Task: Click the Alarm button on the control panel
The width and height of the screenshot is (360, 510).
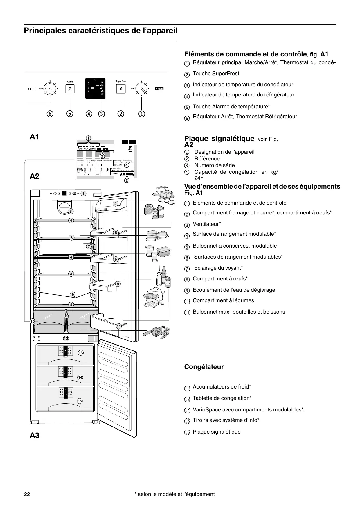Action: pyautogui.click(x=70, y=89)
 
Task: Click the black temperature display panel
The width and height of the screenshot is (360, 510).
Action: pyautogui.click(x=95, y=88)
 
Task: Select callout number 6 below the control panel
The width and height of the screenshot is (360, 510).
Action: pyautogui.click(x=50, y=114)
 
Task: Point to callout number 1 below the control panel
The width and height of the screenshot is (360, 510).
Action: pyautogui.click(x=142, y=114)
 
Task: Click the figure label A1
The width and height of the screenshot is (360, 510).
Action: pyautogui.click(x=35, y=137)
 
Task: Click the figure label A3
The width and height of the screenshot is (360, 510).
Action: pyautogui.click(x=35, y=435)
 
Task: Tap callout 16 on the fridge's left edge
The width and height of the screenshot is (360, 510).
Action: pyautogui.click(x=32, y=321)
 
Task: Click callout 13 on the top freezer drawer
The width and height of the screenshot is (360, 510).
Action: pyautogui.click(x=80, y=353)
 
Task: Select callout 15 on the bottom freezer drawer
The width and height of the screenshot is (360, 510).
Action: pyautogui.click(x=80, y=401)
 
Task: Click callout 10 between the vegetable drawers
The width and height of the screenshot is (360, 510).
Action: pyautogui.click(x=66, y=316)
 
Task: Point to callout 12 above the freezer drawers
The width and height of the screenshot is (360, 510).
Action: pyautogui.click(x=66, y=338)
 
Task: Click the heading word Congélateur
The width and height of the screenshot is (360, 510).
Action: pyautogui.click(x=204, y=367)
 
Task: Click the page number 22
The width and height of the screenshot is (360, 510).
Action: pyautogui.click(x=27, y=494)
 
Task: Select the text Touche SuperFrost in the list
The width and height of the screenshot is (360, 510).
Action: pyautogui.click(x=216, y=74)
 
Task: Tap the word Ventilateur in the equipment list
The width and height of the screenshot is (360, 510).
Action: pyautogui.click(x=206, y=224)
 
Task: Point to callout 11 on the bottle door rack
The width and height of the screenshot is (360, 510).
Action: pyautogui.click(x=119, y=326)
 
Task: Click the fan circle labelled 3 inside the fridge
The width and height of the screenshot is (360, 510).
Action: pyautogui.click(x=64, y=207)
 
